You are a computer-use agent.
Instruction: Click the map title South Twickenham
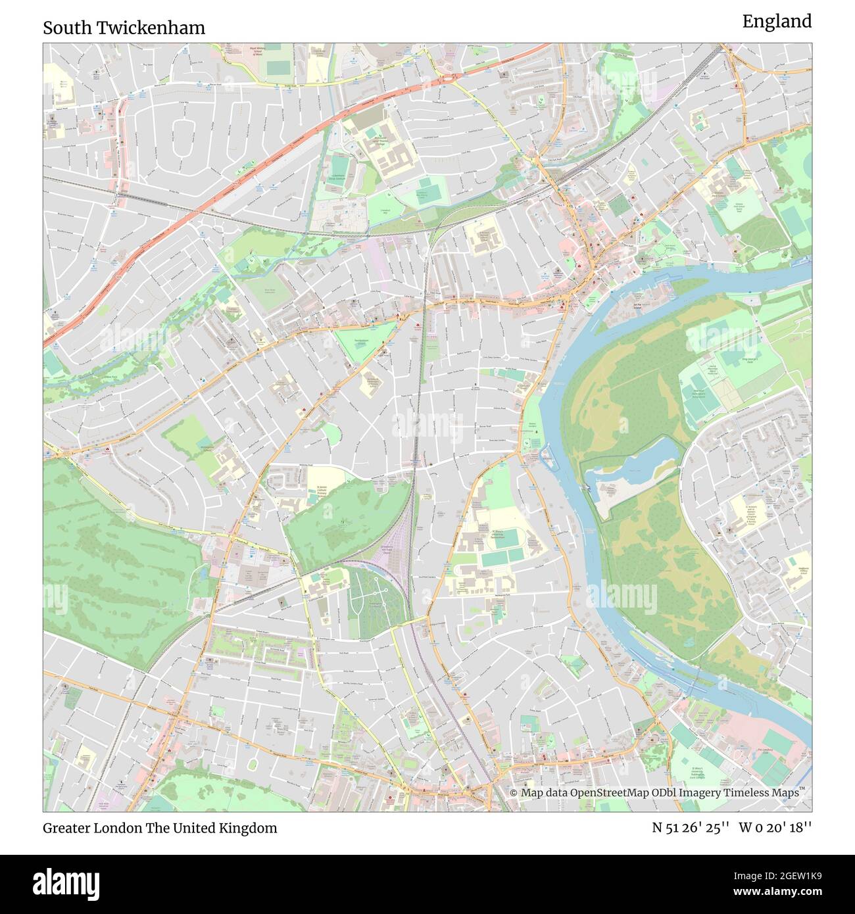[124, 28]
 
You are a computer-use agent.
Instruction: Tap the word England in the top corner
[777, 22]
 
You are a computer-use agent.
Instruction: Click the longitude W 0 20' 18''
[775, 828]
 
